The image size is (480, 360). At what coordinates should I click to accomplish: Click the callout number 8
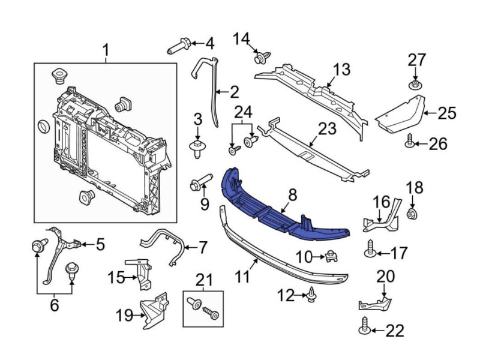point(292,194)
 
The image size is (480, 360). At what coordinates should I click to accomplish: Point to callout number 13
point(341,70)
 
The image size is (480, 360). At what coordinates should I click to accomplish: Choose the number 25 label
point(447,113)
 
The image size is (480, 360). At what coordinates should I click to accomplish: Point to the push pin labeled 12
point(311,294)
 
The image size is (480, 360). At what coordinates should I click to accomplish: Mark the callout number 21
point(203,280)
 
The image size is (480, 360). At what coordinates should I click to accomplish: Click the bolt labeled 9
point(200,182)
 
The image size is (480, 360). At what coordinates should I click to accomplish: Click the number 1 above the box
point(106,50)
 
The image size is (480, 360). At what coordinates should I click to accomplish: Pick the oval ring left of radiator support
point(43,127)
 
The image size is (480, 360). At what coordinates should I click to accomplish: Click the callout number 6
point(55,305)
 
